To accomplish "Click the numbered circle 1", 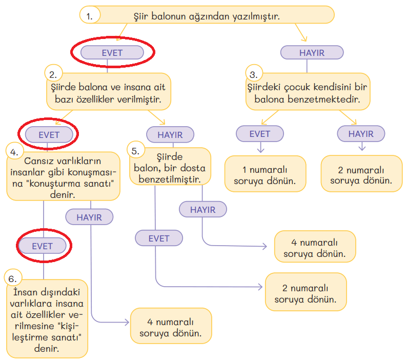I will point(90,15).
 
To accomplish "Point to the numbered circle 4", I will point(14,151).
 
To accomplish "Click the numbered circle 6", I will point(13,278).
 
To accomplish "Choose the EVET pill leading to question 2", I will point(112,52).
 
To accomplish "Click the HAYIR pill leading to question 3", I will point(312,52).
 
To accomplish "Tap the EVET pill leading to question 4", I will point(49,135).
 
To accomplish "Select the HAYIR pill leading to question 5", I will point(171,134).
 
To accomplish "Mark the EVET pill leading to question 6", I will point(43,246).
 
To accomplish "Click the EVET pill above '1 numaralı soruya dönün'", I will point(260,134).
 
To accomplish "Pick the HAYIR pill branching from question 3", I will point(361,134).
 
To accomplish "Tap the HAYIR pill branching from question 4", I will point(89,217).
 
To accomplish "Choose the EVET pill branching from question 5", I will point(159,238).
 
